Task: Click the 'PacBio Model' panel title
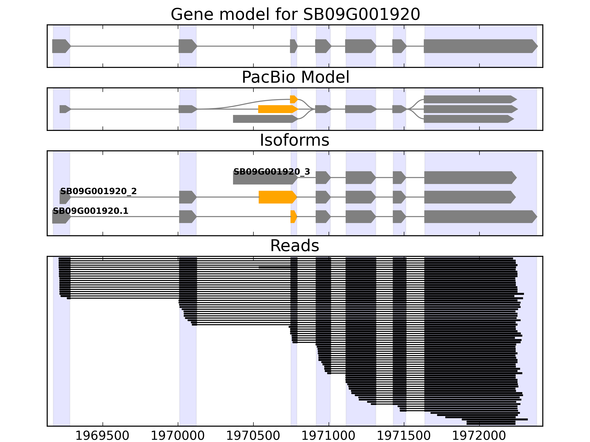295,77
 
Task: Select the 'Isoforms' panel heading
294,140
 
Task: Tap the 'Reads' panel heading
294,246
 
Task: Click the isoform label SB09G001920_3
272,172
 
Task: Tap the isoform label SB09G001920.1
90,211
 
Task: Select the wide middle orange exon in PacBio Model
277,109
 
